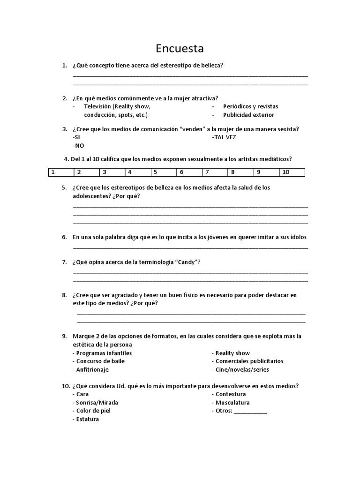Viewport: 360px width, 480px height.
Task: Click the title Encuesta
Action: click(x=180, y=49)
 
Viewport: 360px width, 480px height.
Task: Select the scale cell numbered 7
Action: click(x=215, y=172)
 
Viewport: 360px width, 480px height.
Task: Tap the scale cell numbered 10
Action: click(x=292, y=172)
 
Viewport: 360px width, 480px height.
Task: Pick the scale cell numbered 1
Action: click(x=61, y=172)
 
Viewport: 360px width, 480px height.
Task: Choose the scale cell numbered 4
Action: click(x=138, y=172)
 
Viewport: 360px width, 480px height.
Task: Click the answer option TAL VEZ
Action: click(x=225, y=137)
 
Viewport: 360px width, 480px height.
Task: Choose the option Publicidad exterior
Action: click(x=248, y=115)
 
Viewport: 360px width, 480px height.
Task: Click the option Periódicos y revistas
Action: click(x=250, y=106)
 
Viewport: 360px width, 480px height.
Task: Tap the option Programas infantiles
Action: click(x=104, y=353)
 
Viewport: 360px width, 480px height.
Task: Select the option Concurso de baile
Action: click(x=100, y=361)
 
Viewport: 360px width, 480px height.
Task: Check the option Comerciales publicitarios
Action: click(x=249, y=361)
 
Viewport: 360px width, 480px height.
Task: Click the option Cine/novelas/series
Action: click(x=242, y=370)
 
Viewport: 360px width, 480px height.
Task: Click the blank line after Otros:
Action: click(x=250, y=412)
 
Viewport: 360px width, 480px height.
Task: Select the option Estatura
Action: click(x=87, y=420)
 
